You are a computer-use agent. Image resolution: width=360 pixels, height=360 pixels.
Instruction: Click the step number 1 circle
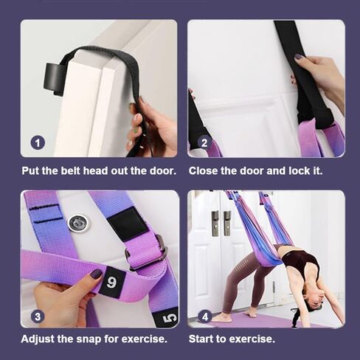(x=38, y=142)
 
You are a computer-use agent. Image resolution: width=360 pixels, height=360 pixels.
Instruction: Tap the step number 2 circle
(x=205, y=142)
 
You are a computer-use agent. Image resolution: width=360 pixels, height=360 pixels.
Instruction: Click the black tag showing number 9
(x=112, y=280)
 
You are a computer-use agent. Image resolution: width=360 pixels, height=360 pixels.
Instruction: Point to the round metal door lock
(x=76, y=223)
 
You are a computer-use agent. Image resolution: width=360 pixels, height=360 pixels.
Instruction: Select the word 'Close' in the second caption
(x=204, y=170)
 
